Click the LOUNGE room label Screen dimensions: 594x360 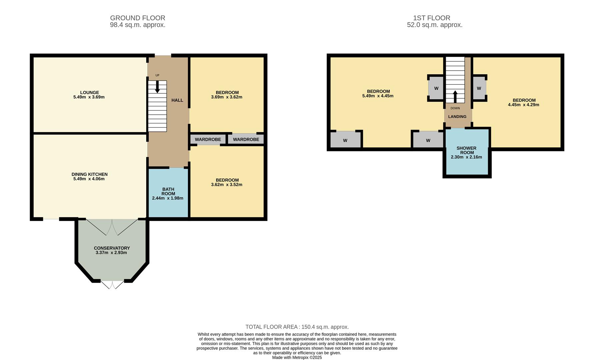click(x=89, y=93)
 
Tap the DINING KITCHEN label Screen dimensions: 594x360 click(x=89, y=174)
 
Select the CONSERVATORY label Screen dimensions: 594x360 click(x=112, y=248)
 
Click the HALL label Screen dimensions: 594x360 click(x=177, y=100)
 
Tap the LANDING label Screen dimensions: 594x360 click(x=457, y=117)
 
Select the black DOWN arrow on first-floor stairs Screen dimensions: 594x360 click(x=455, y=97)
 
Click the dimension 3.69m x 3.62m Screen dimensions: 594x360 click(x=227, y=97)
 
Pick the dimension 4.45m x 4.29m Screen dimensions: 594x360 click(x=523, y=105)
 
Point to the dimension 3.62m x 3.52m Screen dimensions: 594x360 click(x=227, y=184)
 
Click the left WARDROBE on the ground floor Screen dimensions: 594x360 click(x=208, y=139)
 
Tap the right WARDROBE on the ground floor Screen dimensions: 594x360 click(x=246, y=139)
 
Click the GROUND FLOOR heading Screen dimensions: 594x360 click(x=138, y=18)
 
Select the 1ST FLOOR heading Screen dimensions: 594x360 click(x=431, y=18)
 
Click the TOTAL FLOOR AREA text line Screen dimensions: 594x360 click(x=297, y=327)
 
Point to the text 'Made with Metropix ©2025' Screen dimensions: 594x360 click(x=297, y=357)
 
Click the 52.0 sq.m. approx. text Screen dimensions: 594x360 click(x=435, y=25)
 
